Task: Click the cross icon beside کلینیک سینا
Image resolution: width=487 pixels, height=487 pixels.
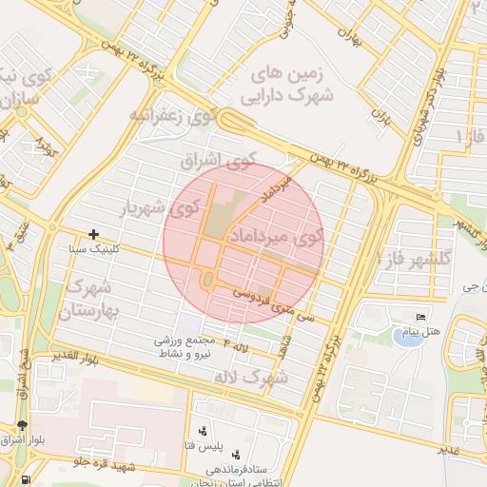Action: [x=93, y=234]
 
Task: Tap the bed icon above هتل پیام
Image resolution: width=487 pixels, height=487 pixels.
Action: [x=421, y=317]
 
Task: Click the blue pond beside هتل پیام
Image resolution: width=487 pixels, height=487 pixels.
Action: [x=408, y=337]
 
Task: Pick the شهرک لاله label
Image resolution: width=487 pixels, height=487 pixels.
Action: [x=251, y=378]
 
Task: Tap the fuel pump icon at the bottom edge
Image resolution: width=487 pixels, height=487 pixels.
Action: [x=24, y=479]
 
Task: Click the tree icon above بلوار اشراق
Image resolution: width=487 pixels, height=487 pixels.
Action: [x=23, y=425]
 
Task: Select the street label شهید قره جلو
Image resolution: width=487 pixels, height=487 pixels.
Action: [x=111, y=462]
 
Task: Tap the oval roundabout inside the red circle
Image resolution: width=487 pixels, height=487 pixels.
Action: [x=207, y=280]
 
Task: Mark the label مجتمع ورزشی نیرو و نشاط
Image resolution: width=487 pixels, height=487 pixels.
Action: [x=193, y=345]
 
